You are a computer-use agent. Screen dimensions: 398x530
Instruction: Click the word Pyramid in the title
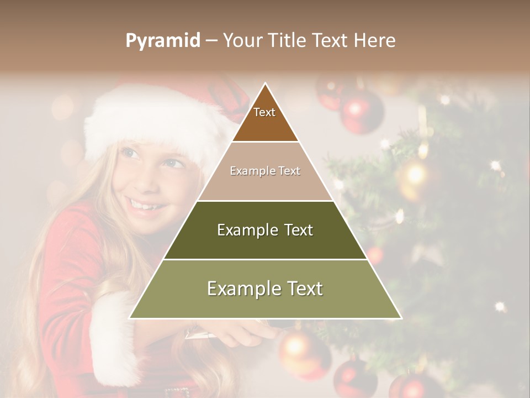pyautogui.click(x=163, y=41)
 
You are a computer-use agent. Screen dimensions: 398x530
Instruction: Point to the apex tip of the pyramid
pyautogui.click(x=266, y=84)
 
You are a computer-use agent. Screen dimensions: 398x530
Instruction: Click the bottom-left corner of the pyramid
pyautogui.click(x=130, y=318)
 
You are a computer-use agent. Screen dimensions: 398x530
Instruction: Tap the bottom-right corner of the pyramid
pyautogui.click(x=401, y=318)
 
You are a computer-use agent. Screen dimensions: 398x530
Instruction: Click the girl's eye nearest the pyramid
pyautogui.click(x=173, y=164)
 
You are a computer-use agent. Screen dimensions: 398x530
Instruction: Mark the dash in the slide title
pyautogui.click(x=211, y=41)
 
